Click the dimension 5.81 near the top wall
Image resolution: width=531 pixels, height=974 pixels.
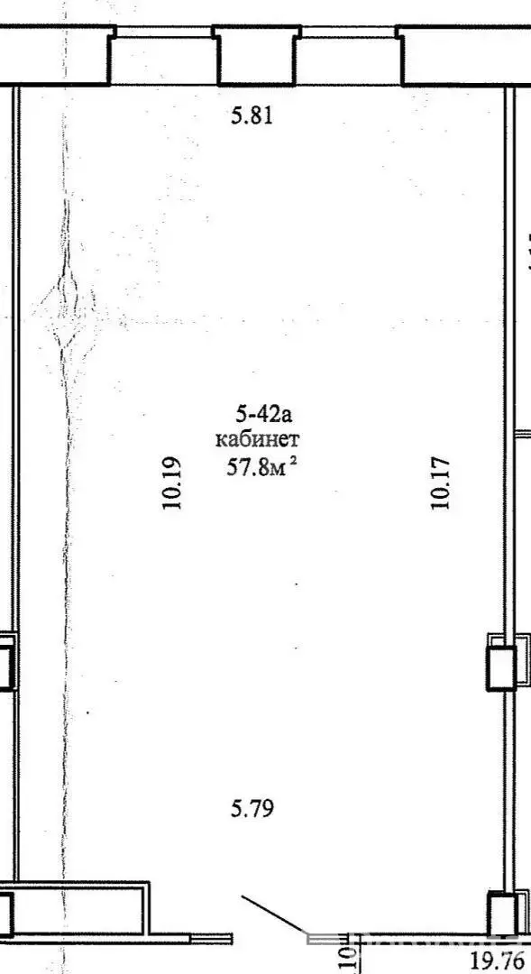click(252, 116)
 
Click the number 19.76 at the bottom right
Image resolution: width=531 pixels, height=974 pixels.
click(495, 957)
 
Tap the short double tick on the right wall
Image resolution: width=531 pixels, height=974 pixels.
click(522, 435)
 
